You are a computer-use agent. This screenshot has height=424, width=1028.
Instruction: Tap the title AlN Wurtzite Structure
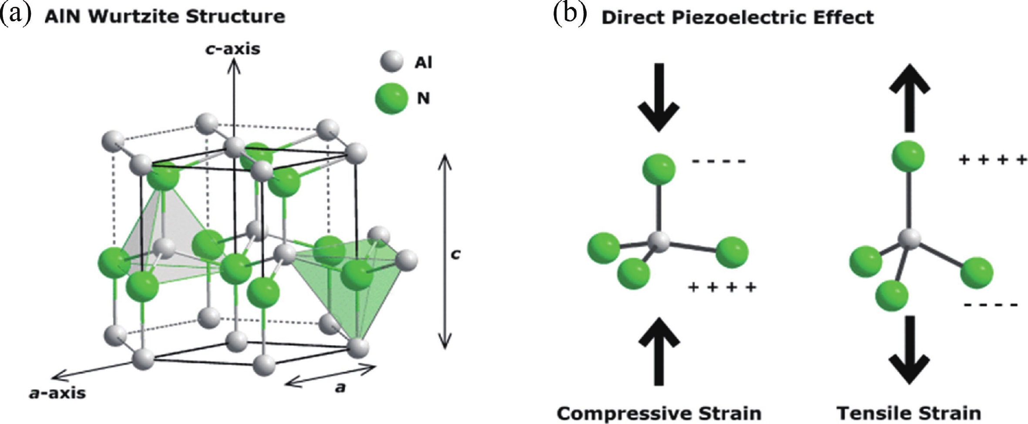(x=165, y=17)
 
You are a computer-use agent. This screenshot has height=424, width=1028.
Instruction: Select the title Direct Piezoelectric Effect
(x=737, y=17)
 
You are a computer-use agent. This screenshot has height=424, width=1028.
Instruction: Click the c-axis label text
(x=233, y=49)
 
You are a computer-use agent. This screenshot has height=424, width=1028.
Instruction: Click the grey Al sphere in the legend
(x=391, y=62)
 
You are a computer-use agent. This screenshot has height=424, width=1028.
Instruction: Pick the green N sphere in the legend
(x=391, y=98)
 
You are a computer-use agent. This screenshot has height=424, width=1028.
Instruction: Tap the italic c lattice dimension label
(x=455, y=254)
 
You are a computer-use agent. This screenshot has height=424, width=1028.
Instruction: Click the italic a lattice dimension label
(x=340, y=387)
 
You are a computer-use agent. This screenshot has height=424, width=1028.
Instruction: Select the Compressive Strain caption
(x=659, y=413)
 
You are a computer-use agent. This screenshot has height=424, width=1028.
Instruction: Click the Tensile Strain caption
(x=909, y=413)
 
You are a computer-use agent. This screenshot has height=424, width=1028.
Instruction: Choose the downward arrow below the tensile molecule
(x=909, y=350)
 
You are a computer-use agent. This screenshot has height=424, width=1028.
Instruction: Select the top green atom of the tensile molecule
(x=908, y=156)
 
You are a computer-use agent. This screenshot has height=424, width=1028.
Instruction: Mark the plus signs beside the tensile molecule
(x=993, y=160)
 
